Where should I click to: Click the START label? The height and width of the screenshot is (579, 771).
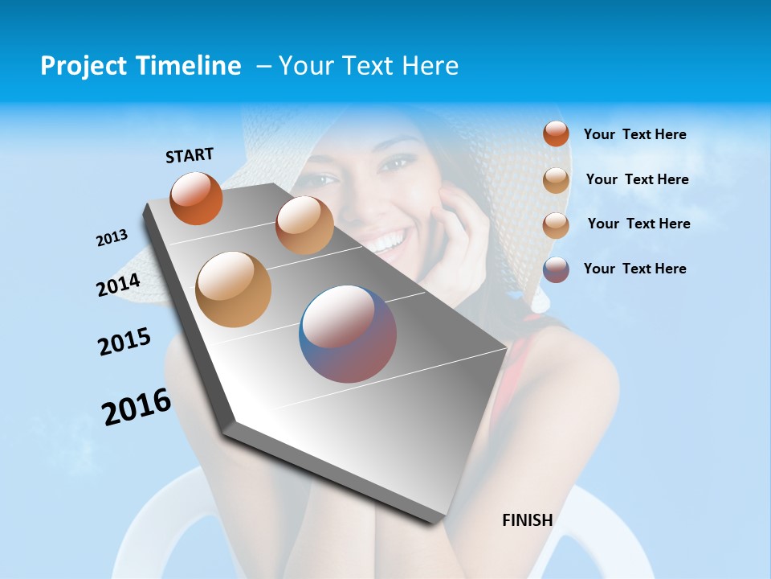pos(190,155)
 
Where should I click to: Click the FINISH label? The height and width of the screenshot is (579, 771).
pos(527,520)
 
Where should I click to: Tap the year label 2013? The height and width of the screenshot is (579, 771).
pos(112,238)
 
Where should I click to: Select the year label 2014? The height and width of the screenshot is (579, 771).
pos(119,285)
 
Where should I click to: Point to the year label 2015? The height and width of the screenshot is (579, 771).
pos(124,342)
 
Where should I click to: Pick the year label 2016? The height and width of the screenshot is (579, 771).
pos(137,407)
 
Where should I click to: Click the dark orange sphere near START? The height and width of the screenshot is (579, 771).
pos(196,198)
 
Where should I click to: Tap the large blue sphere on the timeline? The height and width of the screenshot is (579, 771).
pos(348,334)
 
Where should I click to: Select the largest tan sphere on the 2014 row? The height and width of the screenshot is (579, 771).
pos(234,289)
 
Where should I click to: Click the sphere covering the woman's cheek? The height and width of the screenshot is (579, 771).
pos(304,225)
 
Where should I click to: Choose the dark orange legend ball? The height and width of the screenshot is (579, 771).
pos(556,133)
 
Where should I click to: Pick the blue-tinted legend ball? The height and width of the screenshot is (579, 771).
pos(556,269)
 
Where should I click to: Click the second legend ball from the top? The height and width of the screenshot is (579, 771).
pos(556,180)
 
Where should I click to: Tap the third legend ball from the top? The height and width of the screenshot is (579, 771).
pos(556,224)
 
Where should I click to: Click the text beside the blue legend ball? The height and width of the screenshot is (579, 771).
pos(635,269)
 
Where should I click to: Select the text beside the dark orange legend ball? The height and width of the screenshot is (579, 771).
pos(635,134)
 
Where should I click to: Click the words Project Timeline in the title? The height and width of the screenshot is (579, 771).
pos(141,66)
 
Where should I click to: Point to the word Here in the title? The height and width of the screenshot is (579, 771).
pos(430,66)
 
